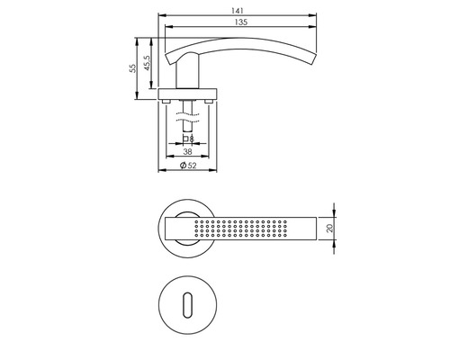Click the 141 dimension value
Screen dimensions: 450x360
tap(237, 11)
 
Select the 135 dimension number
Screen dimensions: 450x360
tap(241, 22)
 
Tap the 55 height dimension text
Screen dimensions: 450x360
tap(132, 68)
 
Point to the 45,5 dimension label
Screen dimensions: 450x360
tap(148, 63)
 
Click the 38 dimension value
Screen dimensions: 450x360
tap(187, 152)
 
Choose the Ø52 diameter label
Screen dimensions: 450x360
tap(188, 166)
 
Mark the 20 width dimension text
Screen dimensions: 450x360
tap(330, 229)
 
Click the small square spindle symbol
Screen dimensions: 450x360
tap(185, 139)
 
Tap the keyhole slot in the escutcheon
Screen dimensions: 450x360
tap(187, 304)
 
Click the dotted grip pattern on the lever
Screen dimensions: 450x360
tap(240, 229)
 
